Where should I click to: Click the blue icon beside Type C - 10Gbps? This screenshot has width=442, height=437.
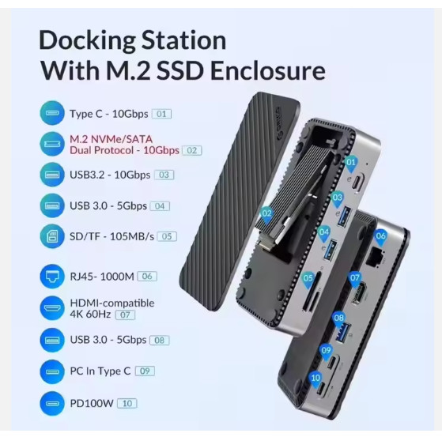51,113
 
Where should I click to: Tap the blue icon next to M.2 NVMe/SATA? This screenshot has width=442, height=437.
51,144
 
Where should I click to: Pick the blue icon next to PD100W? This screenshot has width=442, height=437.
51,402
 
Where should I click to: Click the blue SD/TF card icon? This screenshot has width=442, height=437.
51,235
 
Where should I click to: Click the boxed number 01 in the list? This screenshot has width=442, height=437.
162,114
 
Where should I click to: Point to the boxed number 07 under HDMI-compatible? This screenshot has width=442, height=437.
125,315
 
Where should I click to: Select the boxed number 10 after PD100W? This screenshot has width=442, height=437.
127,403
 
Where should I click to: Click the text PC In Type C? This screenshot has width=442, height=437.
100,371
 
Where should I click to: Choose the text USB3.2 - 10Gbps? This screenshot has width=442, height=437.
110,175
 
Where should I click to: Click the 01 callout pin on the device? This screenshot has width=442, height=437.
351,163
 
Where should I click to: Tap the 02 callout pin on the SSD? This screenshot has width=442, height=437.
266,212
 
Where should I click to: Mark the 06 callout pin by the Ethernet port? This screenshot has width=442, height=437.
380,235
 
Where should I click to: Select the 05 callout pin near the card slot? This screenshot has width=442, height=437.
308,277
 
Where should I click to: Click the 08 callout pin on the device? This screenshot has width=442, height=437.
339,318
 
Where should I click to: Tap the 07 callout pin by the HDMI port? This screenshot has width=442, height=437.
355,277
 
